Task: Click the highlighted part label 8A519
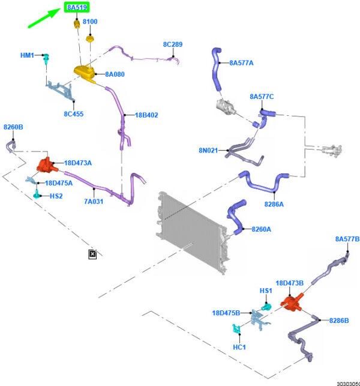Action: click(x=78, y=8)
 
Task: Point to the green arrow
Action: click(x=44, y=18)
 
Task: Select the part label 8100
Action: click(x=90, y=22)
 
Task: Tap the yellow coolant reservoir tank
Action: click(x=85, y=71)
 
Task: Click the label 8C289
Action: click(x=173, y=44)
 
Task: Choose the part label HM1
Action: click(x=28, y=55)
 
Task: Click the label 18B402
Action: click(x=146, y=115)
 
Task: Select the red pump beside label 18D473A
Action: click(x=45, y=164)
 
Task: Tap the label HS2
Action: click(x=56, y=196)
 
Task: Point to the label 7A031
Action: click(x=94, y=201)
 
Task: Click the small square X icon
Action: click(x=92, y=254)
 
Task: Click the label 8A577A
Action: click(x=241, y=62)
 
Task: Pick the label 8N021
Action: click(x=208, y=150)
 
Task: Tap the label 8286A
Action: click(x=274, y=204)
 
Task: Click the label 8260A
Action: click(x=262, y=229)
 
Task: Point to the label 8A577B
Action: click(x=347, y=239)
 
